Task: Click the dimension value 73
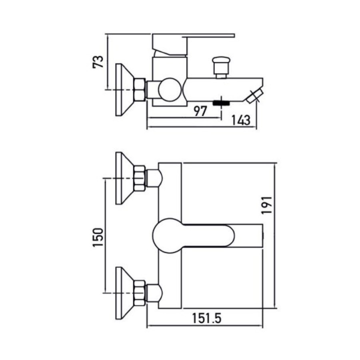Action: (x=99, y=62)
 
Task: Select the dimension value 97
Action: (x=201, y=111)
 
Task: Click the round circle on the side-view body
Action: (x=169, y=89)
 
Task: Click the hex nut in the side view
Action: (x=140, y=89)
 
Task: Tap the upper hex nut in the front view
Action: (x=140, y=178)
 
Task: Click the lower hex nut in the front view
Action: (x=140, y=293)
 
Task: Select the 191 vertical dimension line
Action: (x=275, y=236)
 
